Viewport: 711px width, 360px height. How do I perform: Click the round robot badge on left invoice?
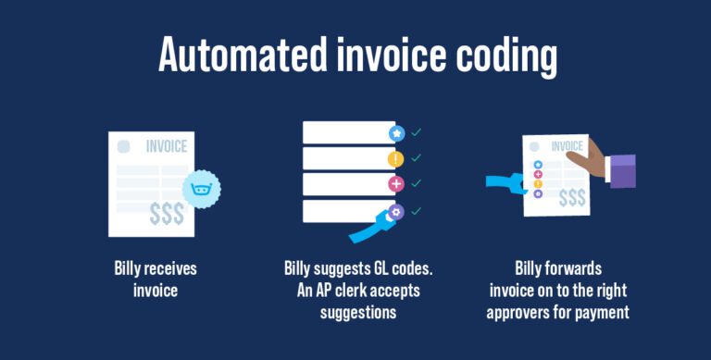[x=200, y=190]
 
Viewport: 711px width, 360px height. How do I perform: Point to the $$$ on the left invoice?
[x=167, y=214]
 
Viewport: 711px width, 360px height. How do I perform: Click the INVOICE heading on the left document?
[x=167, y=146]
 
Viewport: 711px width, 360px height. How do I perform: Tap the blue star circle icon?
[x=396, y=134]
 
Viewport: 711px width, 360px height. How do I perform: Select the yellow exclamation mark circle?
[x=396, y=159]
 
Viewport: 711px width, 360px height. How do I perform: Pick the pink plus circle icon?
[x=396, y=184]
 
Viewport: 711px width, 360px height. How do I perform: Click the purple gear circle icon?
[x=396, y=211]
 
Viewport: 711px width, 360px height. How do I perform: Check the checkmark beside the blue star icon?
[x=417, y=133]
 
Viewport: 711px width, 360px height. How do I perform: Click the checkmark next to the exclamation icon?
[x=417, y=158]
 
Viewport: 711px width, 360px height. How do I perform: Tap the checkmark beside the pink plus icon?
[x=417, y=183]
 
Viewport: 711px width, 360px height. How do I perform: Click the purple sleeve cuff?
[x=622, y=171]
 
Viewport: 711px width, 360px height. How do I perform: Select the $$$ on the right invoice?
[x=571, y=197]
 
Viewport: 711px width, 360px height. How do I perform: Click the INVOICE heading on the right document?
[x=567, y=146]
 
